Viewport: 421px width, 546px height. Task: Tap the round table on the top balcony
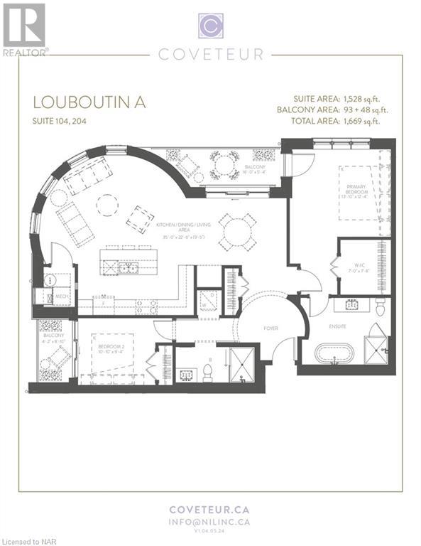coord(225,165)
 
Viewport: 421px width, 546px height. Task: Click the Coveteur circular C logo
coord(211,26)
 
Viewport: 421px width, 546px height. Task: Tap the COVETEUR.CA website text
coord(211,509)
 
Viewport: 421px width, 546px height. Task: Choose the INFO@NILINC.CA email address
coord(211,521)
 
